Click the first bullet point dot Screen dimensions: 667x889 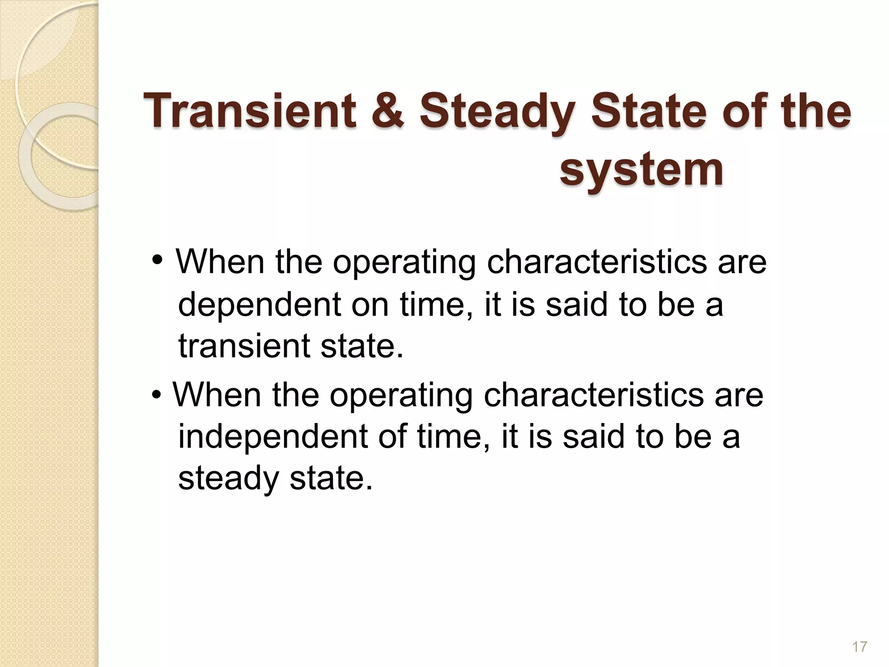(x=158, y=261)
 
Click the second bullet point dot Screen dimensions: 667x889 (x=157, y=395)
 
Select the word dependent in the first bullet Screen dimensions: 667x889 (x=260, y=305)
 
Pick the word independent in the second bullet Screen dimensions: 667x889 (x=273, y=437)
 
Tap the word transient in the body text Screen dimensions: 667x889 (x=244, y=346)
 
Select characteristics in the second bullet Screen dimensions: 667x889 (x=593, y=395)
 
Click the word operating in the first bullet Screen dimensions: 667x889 (x=404, y=263)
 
